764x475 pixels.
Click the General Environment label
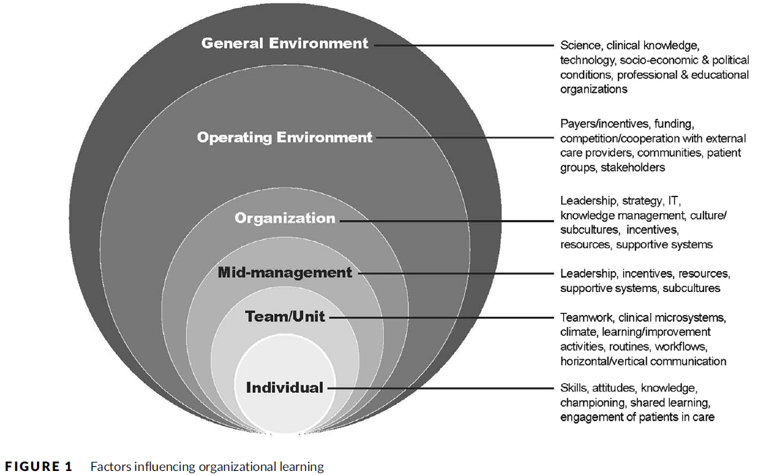tap(285, 44)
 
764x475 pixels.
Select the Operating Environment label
tap(284, 137)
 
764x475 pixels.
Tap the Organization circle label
tap(285, 219)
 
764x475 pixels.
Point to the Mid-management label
tap(285, 272)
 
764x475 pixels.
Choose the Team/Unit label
tap(285, 316)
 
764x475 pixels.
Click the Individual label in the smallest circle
tap(285, 388)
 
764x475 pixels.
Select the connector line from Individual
tap(438, 388)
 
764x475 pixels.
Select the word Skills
tap(573, 388)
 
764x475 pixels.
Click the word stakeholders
tap(632, 167)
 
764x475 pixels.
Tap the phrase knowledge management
tap(621, 215)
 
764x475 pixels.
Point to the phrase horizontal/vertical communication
tap(643, 361)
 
